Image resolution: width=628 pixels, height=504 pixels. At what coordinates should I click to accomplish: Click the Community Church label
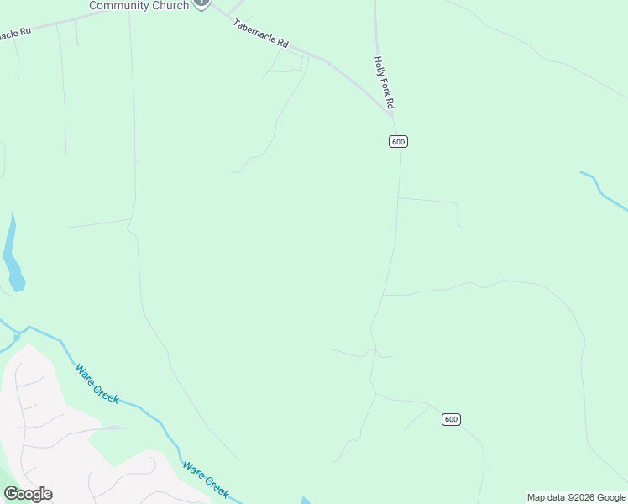coord(139,6)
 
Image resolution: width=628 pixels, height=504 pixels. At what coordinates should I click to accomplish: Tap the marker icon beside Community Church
coord(201,3)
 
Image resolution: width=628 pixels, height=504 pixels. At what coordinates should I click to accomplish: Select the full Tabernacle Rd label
coord(260,33)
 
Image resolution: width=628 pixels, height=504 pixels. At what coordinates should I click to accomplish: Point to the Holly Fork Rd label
coord(384,83)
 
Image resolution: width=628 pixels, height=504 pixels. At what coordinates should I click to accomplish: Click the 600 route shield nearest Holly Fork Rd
coord(398,141)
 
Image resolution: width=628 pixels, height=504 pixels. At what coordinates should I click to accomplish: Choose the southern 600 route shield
coord(452,419)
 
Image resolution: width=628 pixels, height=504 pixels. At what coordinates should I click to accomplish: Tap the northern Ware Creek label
coord(97,383)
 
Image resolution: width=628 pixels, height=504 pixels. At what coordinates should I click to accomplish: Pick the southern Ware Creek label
coord(206,479)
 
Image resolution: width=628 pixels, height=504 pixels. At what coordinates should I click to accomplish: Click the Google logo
coord(28,494)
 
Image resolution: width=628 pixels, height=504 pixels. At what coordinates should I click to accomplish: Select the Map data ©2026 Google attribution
coord(576,497)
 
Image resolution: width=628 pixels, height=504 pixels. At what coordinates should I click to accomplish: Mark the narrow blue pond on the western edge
coord(13,256)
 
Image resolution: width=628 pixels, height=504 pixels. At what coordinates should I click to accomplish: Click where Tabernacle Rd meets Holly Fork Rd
coord(390,112)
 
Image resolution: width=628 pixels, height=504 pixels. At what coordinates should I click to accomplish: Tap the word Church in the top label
coord(169,6)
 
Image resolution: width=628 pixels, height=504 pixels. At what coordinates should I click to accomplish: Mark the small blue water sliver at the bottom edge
coord(305,501)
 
